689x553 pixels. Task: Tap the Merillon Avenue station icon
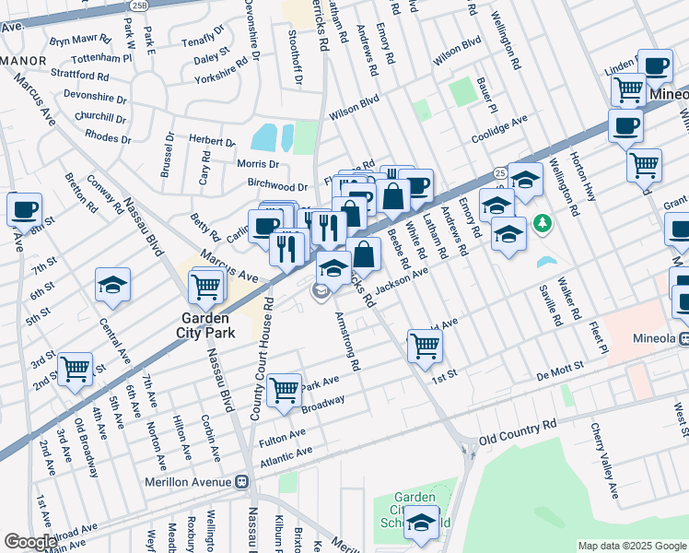click(x=242, y=481)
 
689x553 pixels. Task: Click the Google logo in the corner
click(x=30, y=542)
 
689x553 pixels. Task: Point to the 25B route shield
click(x=139, y=5)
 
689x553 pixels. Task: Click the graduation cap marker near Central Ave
click(x=112, y=285)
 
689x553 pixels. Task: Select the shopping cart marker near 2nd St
click(x=75, y=369)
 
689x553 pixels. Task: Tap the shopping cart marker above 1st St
click(x=425, y=346)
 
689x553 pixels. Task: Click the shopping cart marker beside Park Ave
click(x=285, y=389)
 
